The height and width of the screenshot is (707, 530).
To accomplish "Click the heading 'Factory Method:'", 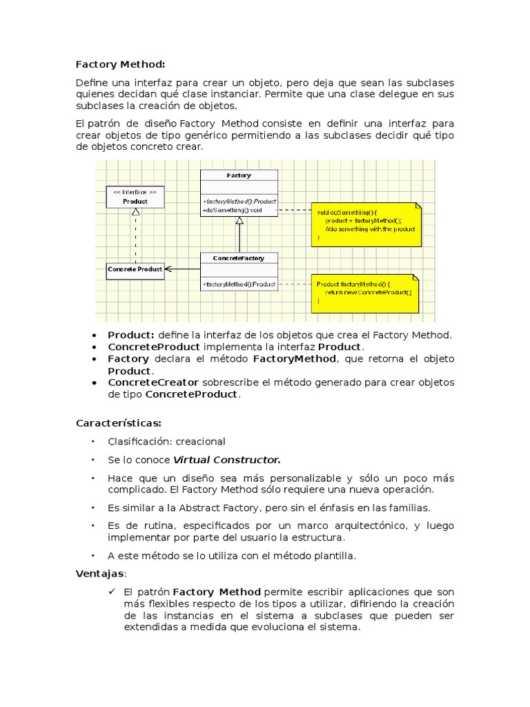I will pyautogui.click(x=120, y=64).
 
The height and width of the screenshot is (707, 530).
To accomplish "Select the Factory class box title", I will pyautogui.click(x=239, y=175).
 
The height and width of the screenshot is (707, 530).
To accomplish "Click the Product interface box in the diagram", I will pyautogui.click(x=135, y=197).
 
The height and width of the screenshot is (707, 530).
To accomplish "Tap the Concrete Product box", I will pyautogui.click(x=135, y=269).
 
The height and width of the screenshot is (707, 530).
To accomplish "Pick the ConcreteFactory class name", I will pyautogui.click(x=239, y=258).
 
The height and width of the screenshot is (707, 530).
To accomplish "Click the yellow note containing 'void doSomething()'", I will pyautogui.click(x=366, y=224).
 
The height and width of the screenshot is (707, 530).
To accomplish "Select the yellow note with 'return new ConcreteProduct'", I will pyautogui.click(x=365, y=293).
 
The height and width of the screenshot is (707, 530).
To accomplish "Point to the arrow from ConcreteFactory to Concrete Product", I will pyautogui.click(x=183, y=269).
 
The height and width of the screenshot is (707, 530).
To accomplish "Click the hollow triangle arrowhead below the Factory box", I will pyautogui.click(x=239, y=221).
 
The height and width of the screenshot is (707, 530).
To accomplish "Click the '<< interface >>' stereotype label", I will pyautogui.click(x=135, y=191).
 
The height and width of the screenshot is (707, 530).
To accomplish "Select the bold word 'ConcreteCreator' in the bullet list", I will pyautogui.click(x=153, y=382).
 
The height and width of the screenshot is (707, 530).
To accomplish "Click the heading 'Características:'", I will pyautogui.click(x=119, y=423).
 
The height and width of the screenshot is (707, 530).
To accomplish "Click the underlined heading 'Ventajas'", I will pyautogui.click(x=100, y=574).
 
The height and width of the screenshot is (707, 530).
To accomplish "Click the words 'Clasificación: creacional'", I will pyautogui.click(x=166, y=442).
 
